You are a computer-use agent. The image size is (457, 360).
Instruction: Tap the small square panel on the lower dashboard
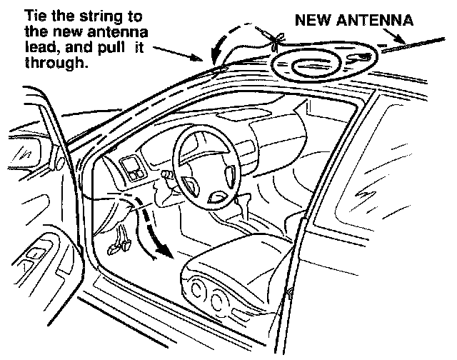(133, 171)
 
